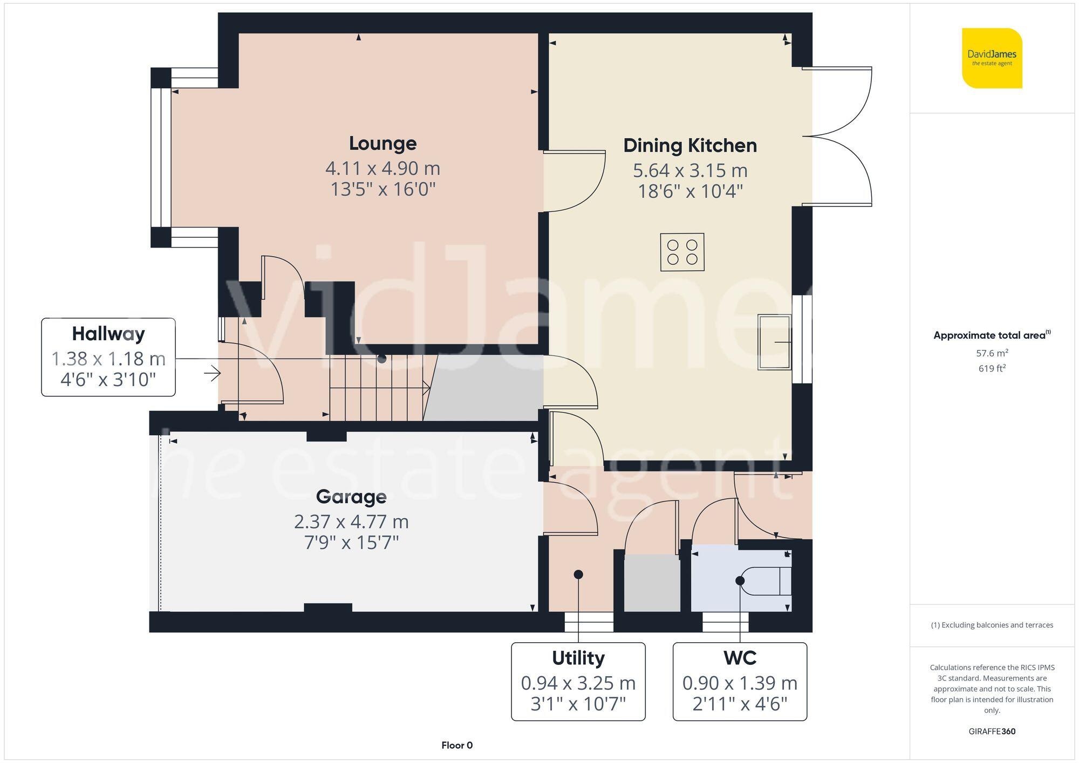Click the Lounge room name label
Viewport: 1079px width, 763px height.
click(x=383, y=143)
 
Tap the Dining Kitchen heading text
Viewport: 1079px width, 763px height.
click(x=690, y=146)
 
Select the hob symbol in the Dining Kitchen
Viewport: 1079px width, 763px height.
click(x=682, y=252)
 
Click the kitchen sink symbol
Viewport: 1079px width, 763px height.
click(x=774, y=342)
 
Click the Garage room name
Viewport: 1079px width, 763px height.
click(x=351, y=497)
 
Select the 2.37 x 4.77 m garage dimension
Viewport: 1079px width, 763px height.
click(x=351, y=521)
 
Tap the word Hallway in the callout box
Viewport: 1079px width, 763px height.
click(x=108, y=334)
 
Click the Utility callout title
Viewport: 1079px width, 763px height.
click(x=578, y=658)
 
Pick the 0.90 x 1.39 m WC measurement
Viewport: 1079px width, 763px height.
click(x=740, y=683)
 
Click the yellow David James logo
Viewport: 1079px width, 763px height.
click(x=992, y=58)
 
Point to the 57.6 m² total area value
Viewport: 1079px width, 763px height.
click(x=992, y=353)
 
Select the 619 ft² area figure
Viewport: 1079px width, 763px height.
click(x=992, y=368)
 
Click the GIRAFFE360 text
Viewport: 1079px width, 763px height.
click(x=992, y=731)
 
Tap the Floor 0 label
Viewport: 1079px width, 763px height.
click(x=457, y=745)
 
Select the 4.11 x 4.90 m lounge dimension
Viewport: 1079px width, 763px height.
click(x=383, y=168)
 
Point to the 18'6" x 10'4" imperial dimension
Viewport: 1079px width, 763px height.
click(x=690, y=191)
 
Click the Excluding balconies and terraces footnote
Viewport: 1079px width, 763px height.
click(x=992, y=625)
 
